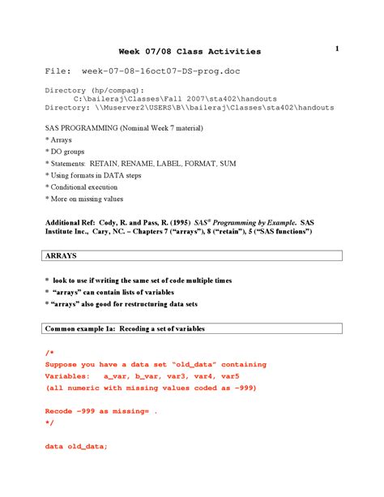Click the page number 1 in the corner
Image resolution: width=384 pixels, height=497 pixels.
pos(335,49)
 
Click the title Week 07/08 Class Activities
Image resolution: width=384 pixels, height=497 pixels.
pos(190,52)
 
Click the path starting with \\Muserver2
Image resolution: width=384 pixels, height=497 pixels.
pos(219,107)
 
